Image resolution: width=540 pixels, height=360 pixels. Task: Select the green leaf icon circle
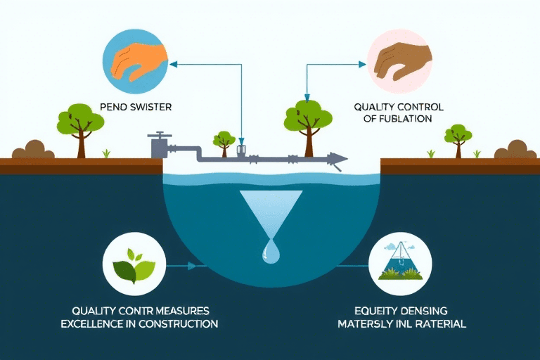click(x=134, y=266)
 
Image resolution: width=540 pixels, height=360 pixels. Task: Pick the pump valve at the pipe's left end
click(x=159, y=146)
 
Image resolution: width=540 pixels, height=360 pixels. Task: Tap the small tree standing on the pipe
click(x=224, y=141)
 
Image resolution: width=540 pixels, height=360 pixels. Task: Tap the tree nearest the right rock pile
click(x=458, y=138)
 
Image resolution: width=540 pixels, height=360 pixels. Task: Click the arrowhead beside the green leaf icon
click(x=192, y=266)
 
